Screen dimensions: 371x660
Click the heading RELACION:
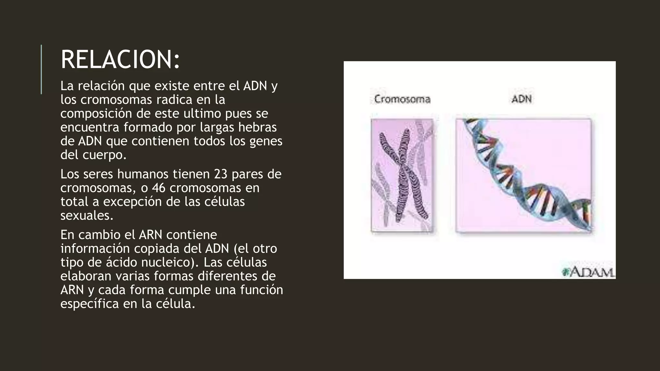pyautogui.click(x=120, y=60)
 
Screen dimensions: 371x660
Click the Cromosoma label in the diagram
pyautogui.click(x=402, y=99)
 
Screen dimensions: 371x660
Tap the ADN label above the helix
pyautogui.click(x=521, y=99)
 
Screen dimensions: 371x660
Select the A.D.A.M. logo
pyautogui.click(x=588, y=272)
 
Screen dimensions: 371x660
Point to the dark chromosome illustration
pyautogui.click(x=403, y=176)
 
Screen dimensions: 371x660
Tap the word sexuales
pyautogui.click(x=87, y=216)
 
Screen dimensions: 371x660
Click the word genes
pyautogui.click(x=266, y=141)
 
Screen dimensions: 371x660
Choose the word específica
pyautogui.click(x=90, y=304)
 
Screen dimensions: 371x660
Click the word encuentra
pyautogui.click(x=90, y=128)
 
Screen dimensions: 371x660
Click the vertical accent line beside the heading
pyautogui.click(x=41, y=69)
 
